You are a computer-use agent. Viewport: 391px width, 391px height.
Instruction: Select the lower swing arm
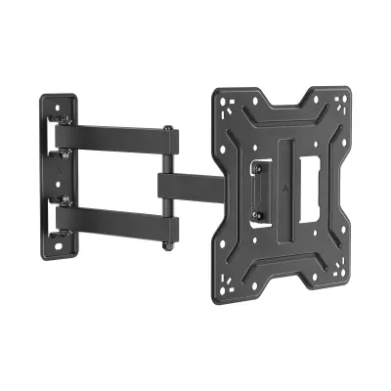(x=117, y=223)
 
